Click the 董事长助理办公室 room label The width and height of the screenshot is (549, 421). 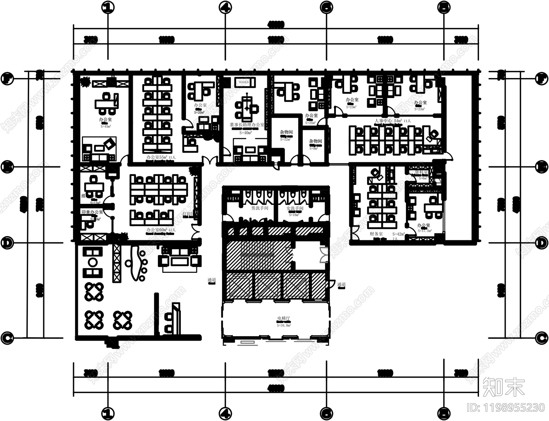click(x=247, y=124)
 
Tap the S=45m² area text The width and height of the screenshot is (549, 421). click(x=106, y=126)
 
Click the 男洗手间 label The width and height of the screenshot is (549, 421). click(x=260, y=208)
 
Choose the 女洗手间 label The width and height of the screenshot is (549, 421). click(x=295, y=208)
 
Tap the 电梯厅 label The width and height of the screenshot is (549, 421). click(x=283, y=318)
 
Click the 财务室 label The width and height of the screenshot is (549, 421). click(x=376, y=234)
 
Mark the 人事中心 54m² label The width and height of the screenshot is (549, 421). click(x=388, y=121)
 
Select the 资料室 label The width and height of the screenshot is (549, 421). click(x=421, y=172)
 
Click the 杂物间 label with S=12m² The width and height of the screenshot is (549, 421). click(x=286, y=132)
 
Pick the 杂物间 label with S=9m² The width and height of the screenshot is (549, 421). click(x=315, y=141)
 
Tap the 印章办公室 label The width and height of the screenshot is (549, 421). click(x=92, y=212)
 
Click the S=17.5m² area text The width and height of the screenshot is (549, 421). click(x=424, y=231)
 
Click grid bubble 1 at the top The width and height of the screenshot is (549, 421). click(x=108, y=7)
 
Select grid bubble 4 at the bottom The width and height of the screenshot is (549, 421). click(x=225, y=413)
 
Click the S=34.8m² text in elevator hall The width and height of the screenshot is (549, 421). click(x=283, y=325)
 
